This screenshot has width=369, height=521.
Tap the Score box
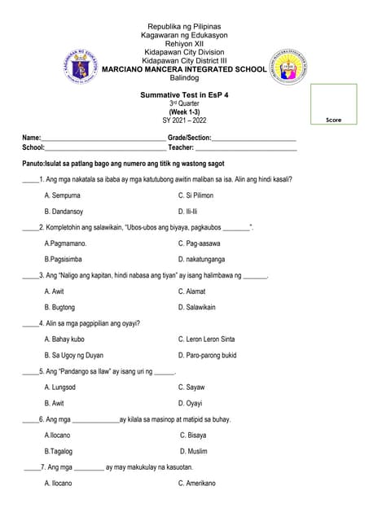tap(333, 103)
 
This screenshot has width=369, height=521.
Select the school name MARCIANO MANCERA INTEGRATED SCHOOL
tap(183, 69)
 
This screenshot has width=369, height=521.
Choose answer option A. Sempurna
tap(63, 196)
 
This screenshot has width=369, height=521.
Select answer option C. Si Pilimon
tap(195, 196)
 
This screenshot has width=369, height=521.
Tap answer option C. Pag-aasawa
tap(200, 243)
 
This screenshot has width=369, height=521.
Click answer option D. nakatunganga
tap(202, 259)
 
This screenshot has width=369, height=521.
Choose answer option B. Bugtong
tap(59, 307)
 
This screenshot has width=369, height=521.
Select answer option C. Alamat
tap(192, 291)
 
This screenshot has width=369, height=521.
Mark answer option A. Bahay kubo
tap(64, 339)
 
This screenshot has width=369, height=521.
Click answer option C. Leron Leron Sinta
tap(207, 339)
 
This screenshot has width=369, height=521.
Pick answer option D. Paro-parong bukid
tap(208, 355)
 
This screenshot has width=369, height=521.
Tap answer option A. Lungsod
tap(59, 387)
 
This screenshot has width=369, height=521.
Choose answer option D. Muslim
tap(193, 451)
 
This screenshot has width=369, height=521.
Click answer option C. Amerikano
tap(197, 483)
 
